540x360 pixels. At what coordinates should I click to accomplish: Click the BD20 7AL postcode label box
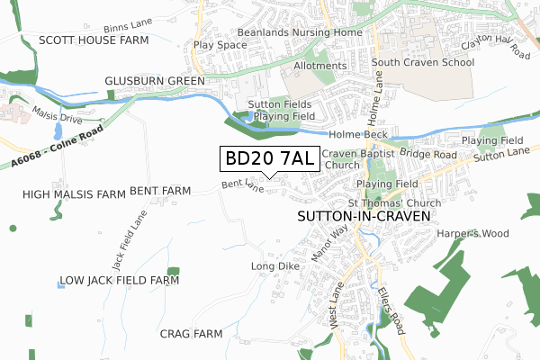268,159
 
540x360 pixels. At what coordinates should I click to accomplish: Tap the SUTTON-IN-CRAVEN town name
364,217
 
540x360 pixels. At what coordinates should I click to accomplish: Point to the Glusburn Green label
154,80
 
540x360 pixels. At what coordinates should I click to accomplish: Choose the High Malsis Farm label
73,193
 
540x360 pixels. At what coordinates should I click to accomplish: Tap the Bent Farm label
160,191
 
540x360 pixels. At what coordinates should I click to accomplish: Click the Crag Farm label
191,334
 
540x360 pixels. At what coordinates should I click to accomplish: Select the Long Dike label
271,266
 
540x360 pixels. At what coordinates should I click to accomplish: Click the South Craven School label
422,63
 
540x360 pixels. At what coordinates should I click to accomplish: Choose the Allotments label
319,66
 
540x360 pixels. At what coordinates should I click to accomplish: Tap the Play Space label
220,44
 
